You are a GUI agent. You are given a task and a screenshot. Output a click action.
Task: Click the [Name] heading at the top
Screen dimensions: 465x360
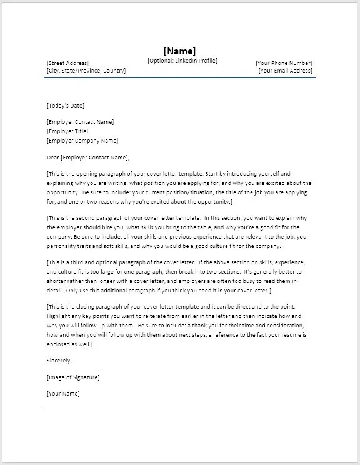pyautogui.click(x=179, y=51)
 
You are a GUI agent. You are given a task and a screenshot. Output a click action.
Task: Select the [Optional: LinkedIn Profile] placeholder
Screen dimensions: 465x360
pyautogui.click(x=182, y=61)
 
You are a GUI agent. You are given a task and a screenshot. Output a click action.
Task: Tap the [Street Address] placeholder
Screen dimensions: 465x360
pyautogui.click(x=67, y=63)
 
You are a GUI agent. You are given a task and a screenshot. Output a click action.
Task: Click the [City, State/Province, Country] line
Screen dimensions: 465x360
pyautogui.click(x=86, y=71)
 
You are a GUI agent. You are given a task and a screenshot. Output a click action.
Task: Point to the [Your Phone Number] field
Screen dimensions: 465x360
pyautogui.click(x=284, y=63)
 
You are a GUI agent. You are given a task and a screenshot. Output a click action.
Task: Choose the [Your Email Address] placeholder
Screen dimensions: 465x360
pyautogui.click(x=285, y=71)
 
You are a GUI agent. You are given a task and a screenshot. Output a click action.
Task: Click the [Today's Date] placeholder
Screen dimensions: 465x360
pyautogui.click(x=65, y=105)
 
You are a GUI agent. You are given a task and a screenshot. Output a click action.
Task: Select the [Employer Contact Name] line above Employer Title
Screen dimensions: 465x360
pyautogui.click(x=80, y=122)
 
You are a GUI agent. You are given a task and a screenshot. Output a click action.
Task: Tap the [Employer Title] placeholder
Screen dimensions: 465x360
pyautogui.click(x=67, y=131)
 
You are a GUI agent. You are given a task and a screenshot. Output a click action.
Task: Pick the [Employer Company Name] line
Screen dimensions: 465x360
pyautogui.click(x=82, y=141)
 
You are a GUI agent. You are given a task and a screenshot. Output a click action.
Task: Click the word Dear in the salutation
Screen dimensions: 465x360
pyautogui.click(x=53, y=157)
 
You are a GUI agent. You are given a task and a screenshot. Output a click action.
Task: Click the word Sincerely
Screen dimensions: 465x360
pyautogui.click(x=59, y=361)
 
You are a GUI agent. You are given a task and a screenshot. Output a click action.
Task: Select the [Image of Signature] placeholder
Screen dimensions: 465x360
pyautogui.click(x=73, y=377)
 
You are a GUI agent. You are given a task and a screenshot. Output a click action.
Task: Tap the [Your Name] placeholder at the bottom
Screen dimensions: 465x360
pyautogui.click(x=63, y=394)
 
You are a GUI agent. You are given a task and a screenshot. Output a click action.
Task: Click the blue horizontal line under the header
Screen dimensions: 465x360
pyautogui.click(x=180, y=77)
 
